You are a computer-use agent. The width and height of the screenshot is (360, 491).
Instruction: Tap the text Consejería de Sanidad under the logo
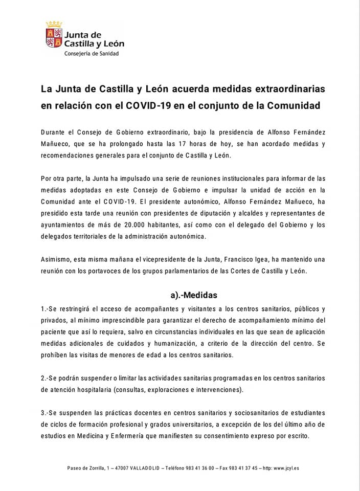[x=91, y=53]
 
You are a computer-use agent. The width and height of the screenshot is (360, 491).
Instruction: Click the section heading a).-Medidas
[x=194, y=295]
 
